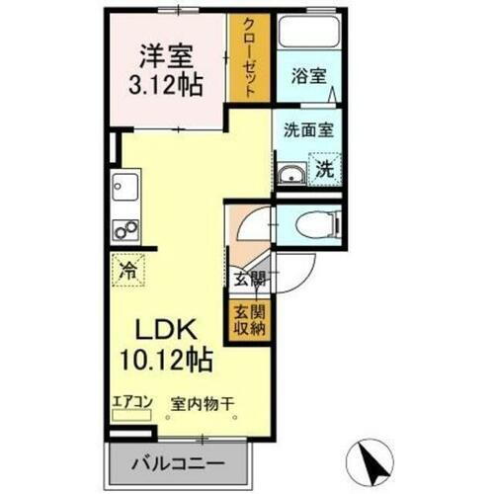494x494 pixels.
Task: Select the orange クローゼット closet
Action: pyautogui.click(x=249, y=57)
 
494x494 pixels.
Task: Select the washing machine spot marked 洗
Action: pyautogui.click(x=324, y=169)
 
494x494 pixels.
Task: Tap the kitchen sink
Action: pyautogui.click(x=126, y=185)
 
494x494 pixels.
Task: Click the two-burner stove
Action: pyautogui.click(x=126, y=230)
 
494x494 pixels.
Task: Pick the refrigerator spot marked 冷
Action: pyautogui.click(x=127, y=267)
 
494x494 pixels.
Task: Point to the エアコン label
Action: pyautogui.click(x=131, y=401)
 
